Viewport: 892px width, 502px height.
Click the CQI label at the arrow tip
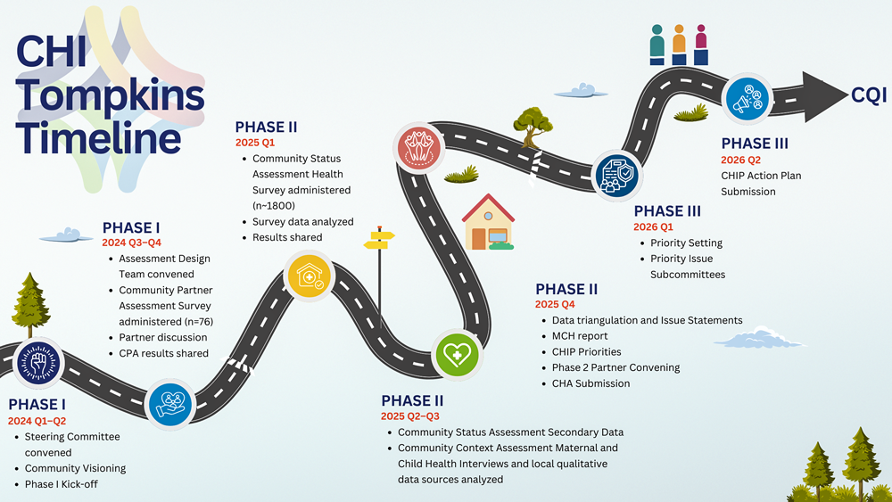869,95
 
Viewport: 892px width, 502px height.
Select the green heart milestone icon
456,355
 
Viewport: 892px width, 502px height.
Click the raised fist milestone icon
37,363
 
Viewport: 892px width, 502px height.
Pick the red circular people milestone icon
419,147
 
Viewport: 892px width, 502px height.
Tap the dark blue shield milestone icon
617,175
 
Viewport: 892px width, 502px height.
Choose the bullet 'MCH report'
580,336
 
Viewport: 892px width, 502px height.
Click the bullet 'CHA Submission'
591,383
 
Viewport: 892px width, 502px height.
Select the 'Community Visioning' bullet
75,468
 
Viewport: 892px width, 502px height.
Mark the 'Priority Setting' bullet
686,243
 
